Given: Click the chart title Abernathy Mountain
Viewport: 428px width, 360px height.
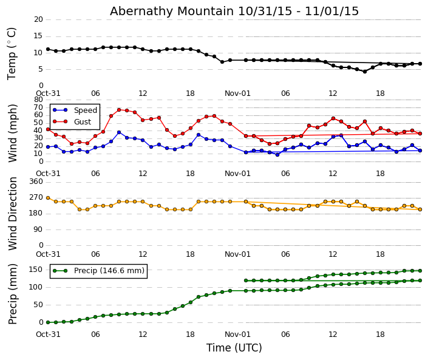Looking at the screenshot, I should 234,11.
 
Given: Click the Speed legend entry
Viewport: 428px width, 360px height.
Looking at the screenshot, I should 85,110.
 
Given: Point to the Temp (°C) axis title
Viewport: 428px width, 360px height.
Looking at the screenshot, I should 12,53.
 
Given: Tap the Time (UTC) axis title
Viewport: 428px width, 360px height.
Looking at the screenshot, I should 234,348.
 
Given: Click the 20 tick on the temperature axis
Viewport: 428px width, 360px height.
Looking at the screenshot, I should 38,19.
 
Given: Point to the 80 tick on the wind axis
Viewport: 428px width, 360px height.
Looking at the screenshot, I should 38,100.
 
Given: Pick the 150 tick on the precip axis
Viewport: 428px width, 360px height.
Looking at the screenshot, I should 36,270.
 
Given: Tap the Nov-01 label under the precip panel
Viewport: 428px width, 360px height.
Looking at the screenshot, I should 237,335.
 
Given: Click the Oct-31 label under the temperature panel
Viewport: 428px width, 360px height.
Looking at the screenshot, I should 48,93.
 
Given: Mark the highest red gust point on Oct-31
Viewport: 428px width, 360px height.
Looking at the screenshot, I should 119,110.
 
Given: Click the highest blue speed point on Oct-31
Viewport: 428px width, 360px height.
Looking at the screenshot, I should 119,132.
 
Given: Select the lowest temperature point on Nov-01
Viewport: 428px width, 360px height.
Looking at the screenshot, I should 365,72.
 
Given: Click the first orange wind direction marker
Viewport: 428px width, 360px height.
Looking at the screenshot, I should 48,198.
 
